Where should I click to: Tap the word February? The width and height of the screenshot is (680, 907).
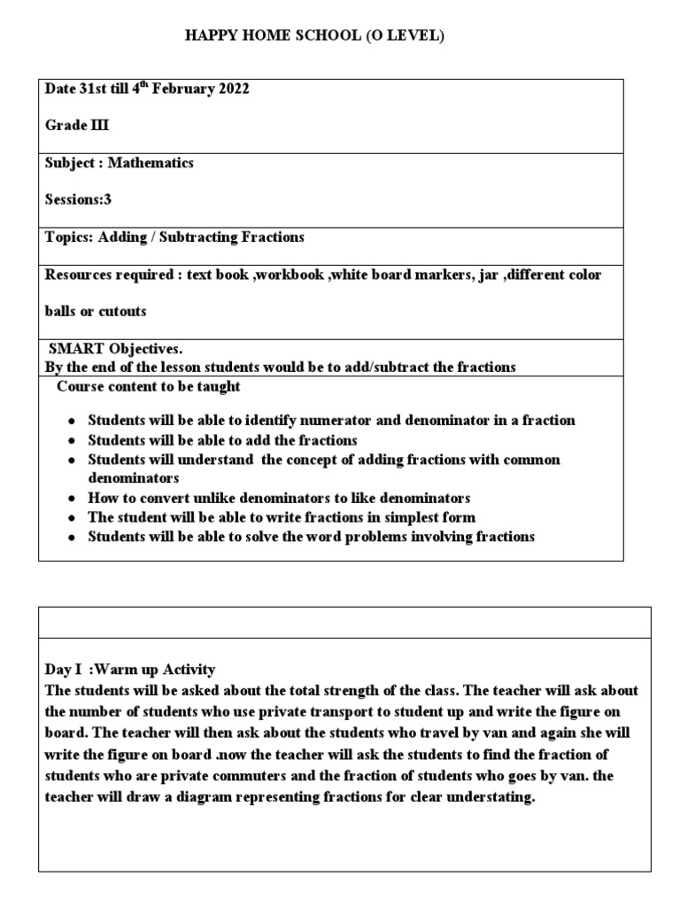[181, 89]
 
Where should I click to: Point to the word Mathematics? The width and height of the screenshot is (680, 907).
[151, 163]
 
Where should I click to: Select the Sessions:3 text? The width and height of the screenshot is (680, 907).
[78, 199]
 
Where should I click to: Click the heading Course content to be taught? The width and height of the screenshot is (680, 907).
[148, 386]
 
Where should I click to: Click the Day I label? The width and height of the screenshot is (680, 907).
[68, 670]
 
